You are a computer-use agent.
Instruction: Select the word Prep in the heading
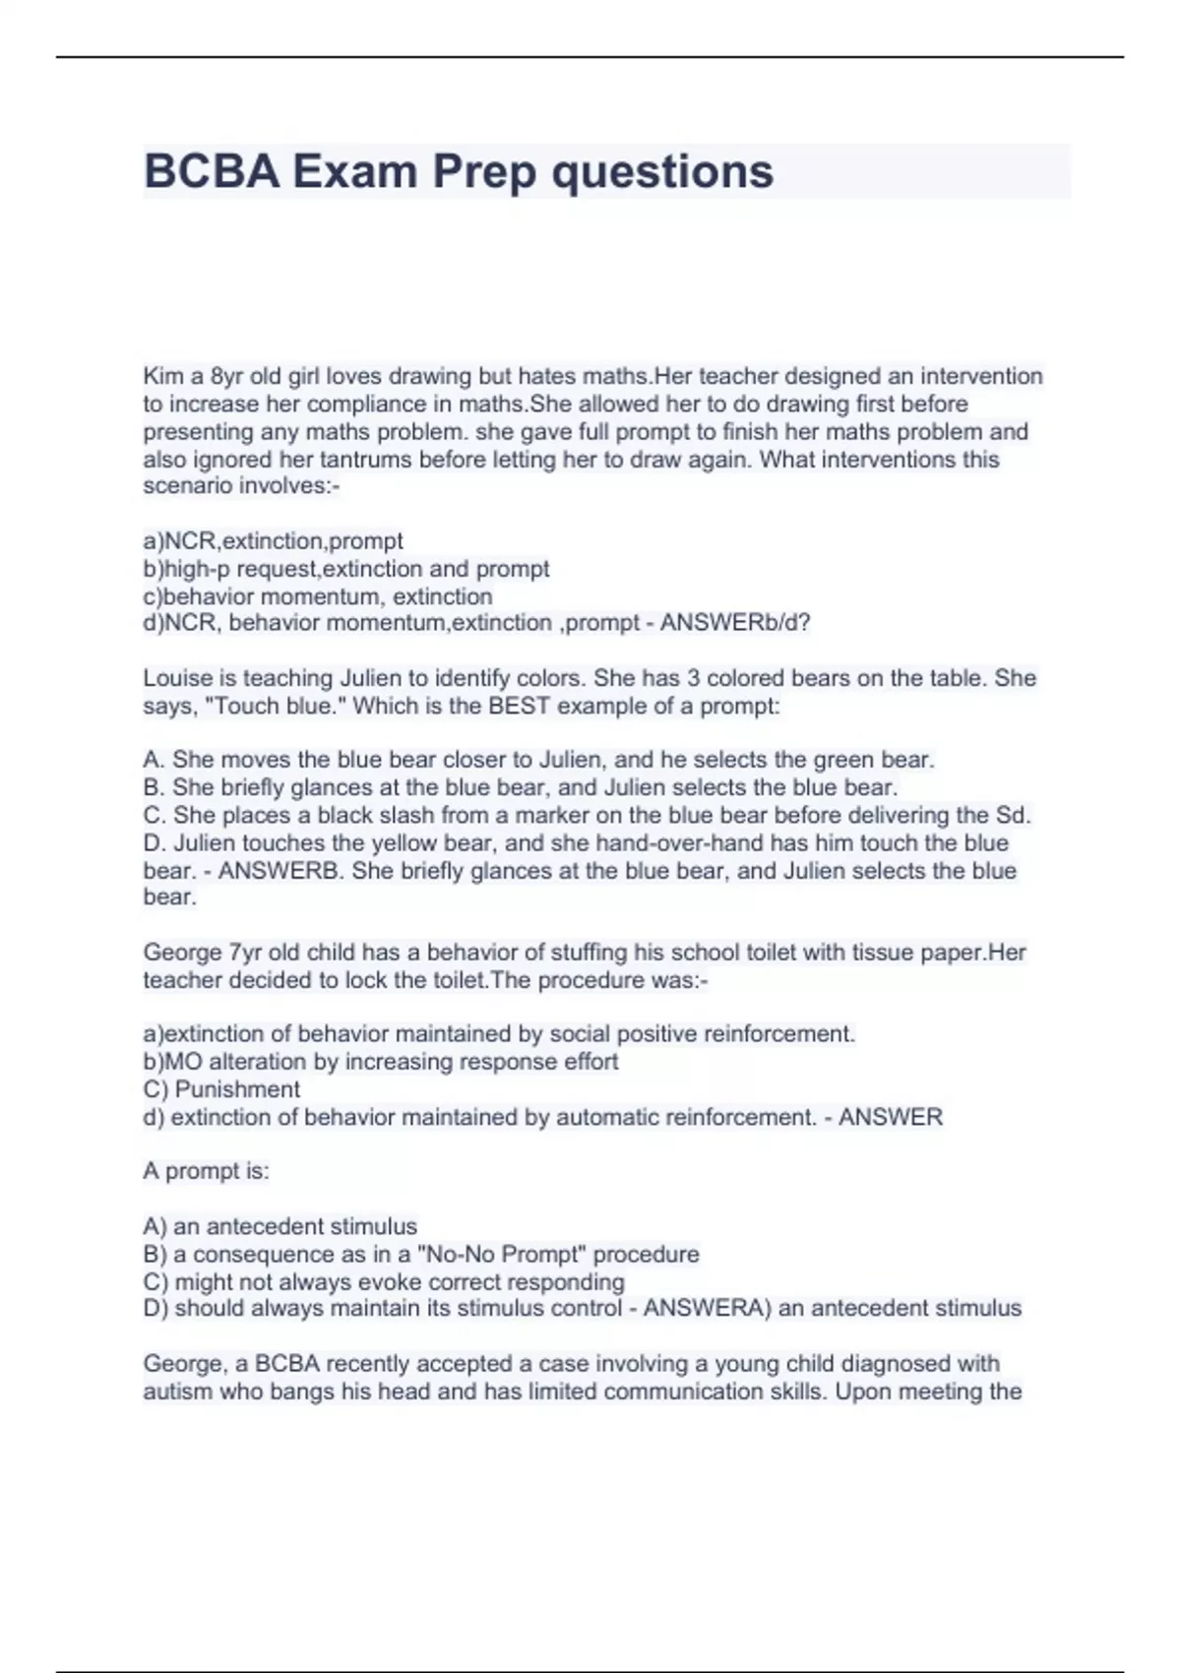tap(484, 171)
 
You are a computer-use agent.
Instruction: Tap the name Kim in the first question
tap(161, 376)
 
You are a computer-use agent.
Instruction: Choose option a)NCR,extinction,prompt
tap(273, 541)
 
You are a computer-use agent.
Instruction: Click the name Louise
tap(178, 678)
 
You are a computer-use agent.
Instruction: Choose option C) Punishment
tap(221, 1089)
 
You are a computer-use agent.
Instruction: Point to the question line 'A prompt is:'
tap(206, 1171)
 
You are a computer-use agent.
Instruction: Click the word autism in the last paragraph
tap(176, 1392)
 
